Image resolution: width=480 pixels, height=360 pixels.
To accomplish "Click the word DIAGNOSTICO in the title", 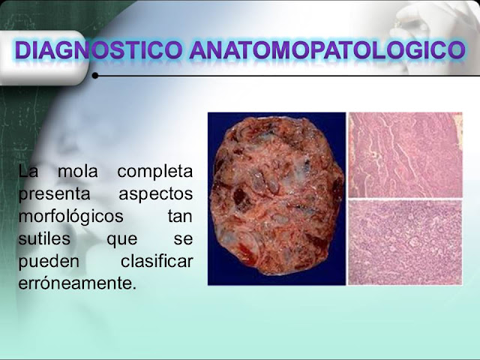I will pos(98,51).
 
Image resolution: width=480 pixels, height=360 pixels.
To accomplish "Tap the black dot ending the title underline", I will pos(95,76).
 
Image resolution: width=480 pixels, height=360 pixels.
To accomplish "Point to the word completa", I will pos(154,172).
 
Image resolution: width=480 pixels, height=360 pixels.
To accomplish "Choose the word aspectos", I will pos(155,194).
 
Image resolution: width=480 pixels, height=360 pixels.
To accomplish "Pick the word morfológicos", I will pos(65,217).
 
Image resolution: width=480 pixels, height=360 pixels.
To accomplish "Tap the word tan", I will pos(179,217).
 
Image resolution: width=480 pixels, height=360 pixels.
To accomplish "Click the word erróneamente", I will pos(77,284).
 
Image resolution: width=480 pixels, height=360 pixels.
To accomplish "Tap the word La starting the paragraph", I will pos(28,172).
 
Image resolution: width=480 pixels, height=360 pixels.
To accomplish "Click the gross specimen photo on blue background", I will pos(276,198).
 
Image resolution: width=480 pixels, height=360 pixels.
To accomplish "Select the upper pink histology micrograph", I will pos(405,154).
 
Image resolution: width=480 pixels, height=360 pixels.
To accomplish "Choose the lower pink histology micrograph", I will pos(405,241).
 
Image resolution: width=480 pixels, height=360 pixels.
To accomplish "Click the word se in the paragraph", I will pos(183,240).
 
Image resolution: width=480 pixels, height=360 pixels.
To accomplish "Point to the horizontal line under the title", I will pos(285,76).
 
